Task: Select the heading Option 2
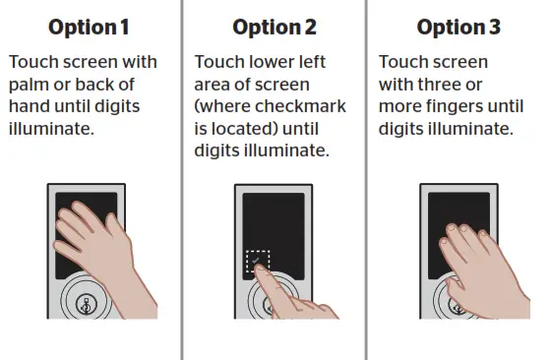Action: click(273, 26)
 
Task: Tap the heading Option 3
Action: click(458, 26)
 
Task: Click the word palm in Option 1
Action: click(29, 85)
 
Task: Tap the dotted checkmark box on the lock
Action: click(258, 263)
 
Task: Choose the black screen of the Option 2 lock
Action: click(272, 221)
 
